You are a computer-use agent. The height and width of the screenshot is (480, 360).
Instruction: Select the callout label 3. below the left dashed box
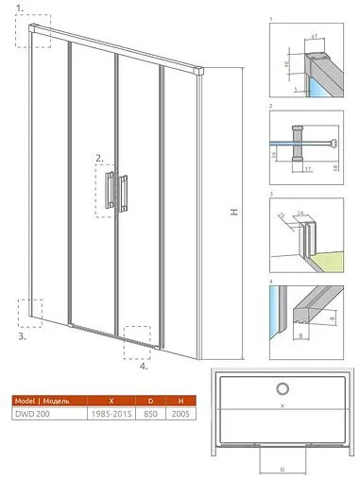click(22, 334)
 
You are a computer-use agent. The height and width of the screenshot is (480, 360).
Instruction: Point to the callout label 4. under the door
click(143, 367)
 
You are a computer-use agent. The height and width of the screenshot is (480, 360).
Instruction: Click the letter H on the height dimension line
click(231, 214)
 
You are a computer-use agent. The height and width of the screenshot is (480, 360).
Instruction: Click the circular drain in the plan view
click(281, 387)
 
